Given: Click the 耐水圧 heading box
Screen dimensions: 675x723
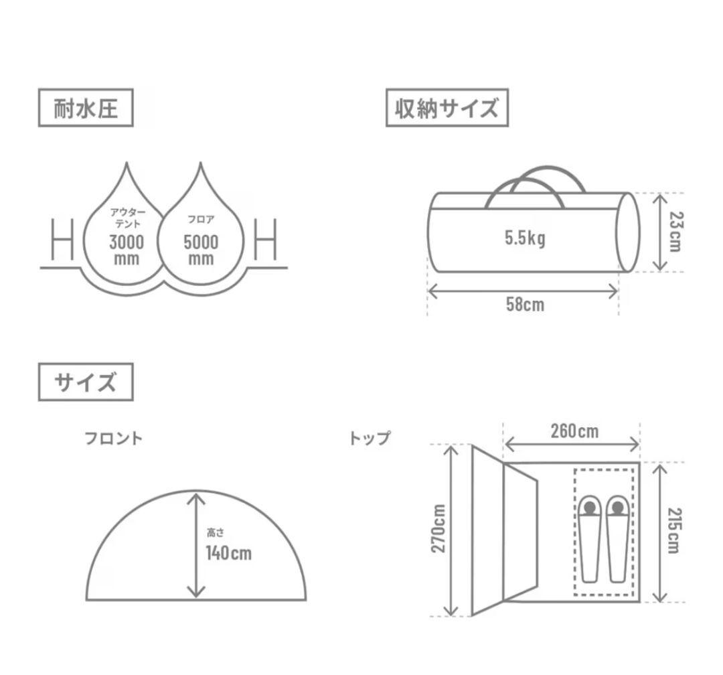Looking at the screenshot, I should [x=86, y=108].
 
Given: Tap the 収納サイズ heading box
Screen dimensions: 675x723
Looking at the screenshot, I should [x=447, y=108].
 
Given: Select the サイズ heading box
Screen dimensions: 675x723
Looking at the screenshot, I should [x=86, y=382].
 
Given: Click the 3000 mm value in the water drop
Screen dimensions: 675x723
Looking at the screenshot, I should [x=126, y=249].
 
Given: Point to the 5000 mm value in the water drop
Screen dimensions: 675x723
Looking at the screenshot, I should [x=201, y=249].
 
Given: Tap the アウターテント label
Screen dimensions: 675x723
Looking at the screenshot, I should [x=127, y=218].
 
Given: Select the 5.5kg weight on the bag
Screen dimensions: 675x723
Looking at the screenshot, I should [x=525, y=238].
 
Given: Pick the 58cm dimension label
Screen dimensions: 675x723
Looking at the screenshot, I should [x=525, y=305].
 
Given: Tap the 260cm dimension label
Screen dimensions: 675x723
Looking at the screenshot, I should [x=574, y=431].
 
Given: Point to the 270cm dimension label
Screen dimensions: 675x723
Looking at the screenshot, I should [x=438, y=528].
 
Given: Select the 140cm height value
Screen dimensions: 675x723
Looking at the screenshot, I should [x=228, y=553].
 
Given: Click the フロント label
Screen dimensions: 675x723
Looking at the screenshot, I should [x=113, y=439].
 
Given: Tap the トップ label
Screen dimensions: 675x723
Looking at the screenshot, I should [x=369, y=439].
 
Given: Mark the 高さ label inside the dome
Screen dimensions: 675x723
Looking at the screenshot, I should [x=216, y=534].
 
